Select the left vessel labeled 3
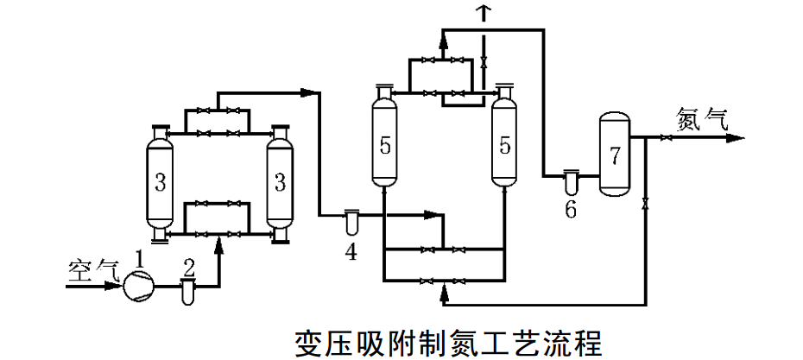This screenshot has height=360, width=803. pos(159,183)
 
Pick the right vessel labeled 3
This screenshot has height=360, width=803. pos(279,183)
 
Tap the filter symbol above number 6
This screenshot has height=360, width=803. pos(571,180)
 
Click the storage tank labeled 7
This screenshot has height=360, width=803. pos(614,155)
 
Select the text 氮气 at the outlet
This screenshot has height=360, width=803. pos(702,118)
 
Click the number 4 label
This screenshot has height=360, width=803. pos(350,250)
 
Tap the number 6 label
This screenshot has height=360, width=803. pos(571,210)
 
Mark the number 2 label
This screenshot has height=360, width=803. pos(187,262)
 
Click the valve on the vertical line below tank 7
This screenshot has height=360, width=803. pos(647,204)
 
